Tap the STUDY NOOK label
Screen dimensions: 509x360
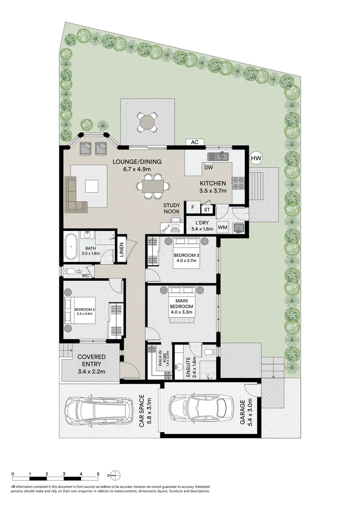[x=172, y=208]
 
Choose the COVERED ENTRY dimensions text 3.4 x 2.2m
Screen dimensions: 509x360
[x=91, y=372]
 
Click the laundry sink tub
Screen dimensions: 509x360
[x=239, y=229]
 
